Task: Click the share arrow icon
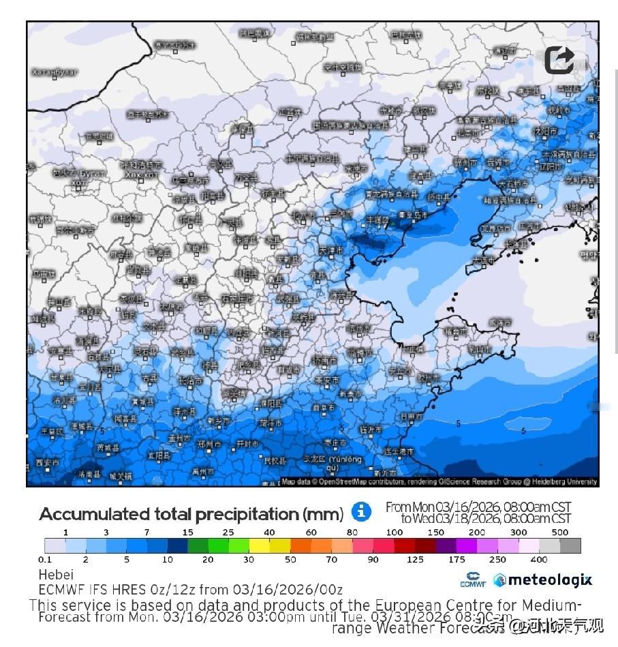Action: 559,60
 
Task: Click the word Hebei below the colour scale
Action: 56,575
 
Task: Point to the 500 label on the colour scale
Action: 560,532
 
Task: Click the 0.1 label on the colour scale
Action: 45,560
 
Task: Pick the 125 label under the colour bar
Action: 415,560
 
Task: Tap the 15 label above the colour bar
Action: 187,532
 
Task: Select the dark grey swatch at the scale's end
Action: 570,545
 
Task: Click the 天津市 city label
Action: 330,250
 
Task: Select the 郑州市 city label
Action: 208,445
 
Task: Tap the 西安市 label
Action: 46,464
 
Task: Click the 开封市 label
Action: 246,444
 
